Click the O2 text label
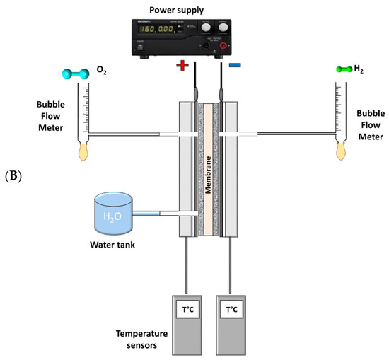coord(100,72)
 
